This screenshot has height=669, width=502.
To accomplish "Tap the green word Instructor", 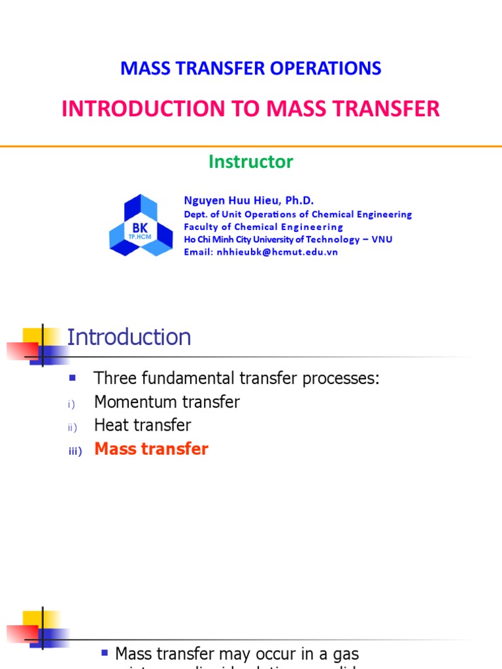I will (251, 161).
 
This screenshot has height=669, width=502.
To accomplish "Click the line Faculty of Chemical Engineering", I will (263, 227).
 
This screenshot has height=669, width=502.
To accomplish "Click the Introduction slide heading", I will (129, 338).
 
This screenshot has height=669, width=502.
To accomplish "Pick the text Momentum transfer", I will (167, 402).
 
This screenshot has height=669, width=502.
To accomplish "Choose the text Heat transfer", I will (142, 425).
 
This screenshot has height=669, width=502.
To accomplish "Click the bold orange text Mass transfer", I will (151, 449).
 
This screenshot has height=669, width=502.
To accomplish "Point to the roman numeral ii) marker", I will (72, 427).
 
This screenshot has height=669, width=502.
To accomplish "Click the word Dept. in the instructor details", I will (195, 214).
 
